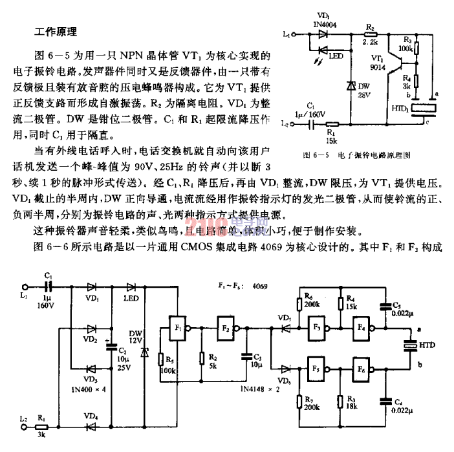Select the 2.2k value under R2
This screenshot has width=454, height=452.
(x=370, y=41)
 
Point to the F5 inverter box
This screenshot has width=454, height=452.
(x=318, y=372)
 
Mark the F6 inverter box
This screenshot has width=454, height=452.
(x=362, y=372)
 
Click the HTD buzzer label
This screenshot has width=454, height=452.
(x=427, y=346)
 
